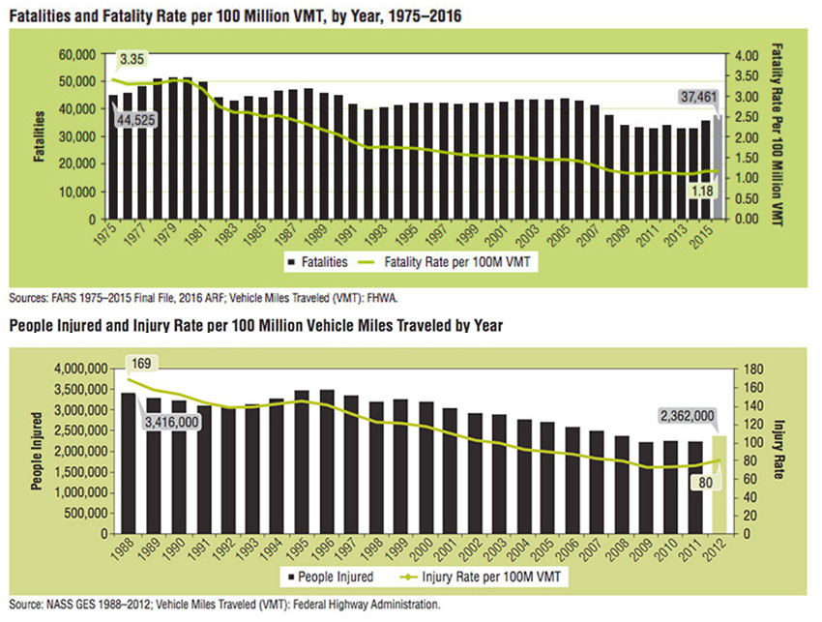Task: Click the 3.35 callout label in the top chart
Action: point(131,60)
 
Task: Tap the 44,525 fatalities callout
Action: point(136,120)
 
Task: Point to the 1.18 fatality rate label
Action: point(700,192)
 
